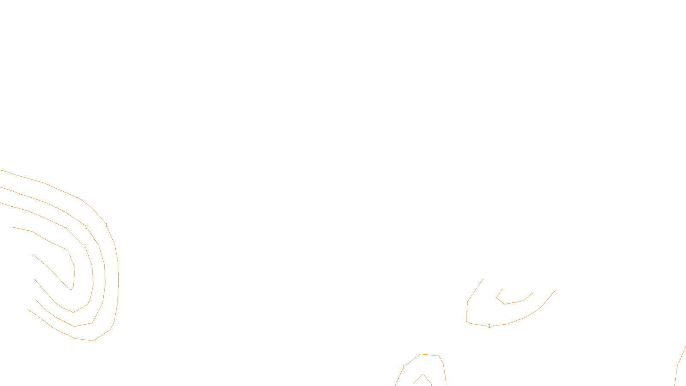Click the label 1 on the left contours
(106, 225)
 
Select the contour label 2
(86, 227)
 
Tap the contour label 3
(85, 246)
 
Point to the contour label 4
(67, 250)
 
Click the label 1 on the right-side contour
(489, 326)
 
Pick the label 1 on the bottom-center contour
(403, 367)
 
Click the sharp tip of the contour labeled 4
(71, 289)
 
